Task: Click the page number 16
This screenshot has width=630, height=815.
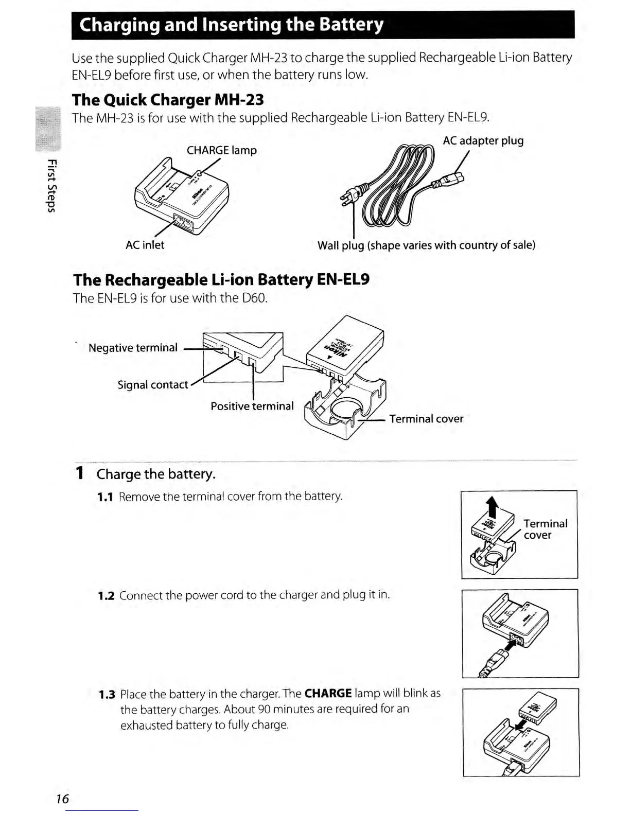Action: click(62, 799)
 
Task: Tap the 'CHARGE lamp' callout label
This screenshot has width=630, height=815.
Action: click(221, 150)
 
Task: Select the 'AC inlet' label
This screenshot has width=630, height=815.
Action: click(145, 245)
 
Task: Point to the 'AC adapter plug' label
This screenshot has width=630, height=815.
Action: click(483, 140)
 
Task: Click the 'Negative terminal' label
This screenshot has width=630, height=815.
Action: click(133, 348)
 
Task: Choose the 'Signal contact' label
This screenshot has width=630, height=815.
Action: click(152, 385)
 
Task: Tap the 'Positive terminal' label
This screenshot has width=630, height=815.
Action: click(252, 406)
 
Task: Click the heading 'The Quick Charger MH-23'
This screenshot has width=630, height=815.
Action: click(168, 99)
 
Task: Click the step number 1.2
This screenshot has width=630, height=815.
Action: click(106, 596)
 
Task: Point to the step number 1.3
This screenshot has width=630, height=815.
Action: click(107, 695)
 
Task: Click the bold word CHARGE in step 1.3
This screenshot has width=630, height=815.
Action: click(328, 694)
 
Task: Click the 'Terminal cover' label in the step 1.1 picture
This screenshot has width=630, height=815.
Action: click(545, 529)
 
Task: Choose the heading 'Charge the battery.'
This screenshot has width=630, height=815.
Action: click(156, 474)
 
